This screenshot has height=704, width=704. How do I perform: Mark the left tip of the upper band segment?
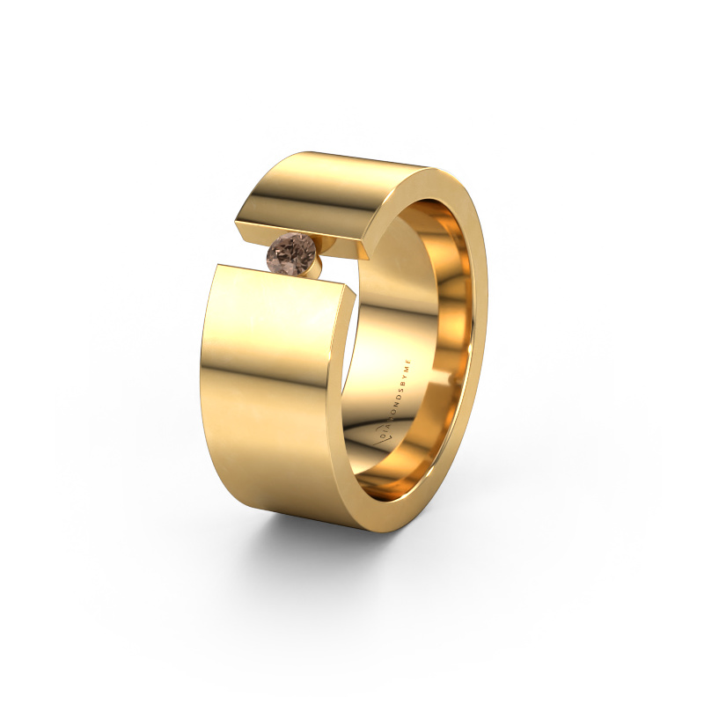coord(240,222)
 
